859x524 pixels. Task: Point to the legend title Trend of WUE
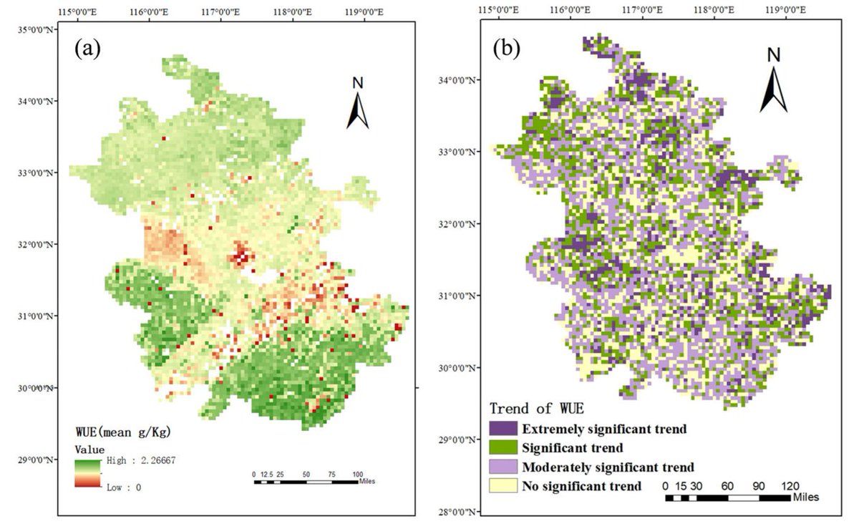coord(536,409)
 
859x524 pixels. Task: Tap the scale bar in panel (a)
coord(306,482)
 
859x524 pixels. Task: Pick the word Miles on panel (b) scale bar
coord(806,496)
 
